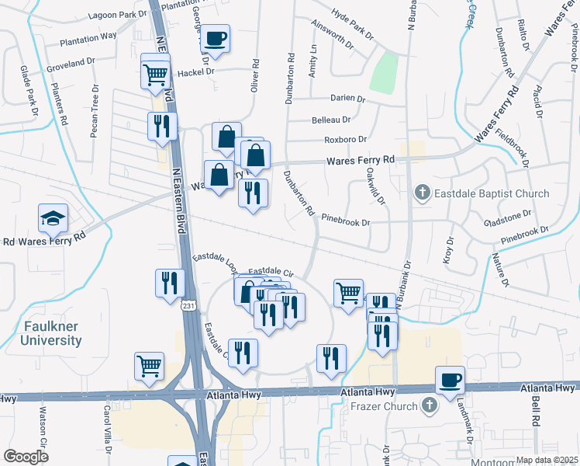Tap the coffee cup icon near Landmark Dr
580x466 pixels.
450,380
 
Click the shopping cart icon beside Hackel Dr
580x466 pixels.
155,74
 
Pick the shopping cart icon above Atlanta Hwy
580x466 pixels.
149,365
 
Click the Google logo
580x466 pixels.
26,457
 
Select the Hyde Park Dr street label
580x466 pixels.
352,24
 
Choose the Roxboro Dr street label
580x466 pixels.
344,140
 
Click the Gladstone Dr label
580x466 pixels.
507,221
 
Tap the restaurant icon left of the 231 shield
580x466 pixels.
170,283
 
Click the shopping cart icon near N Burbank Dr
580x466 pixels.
348,294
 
